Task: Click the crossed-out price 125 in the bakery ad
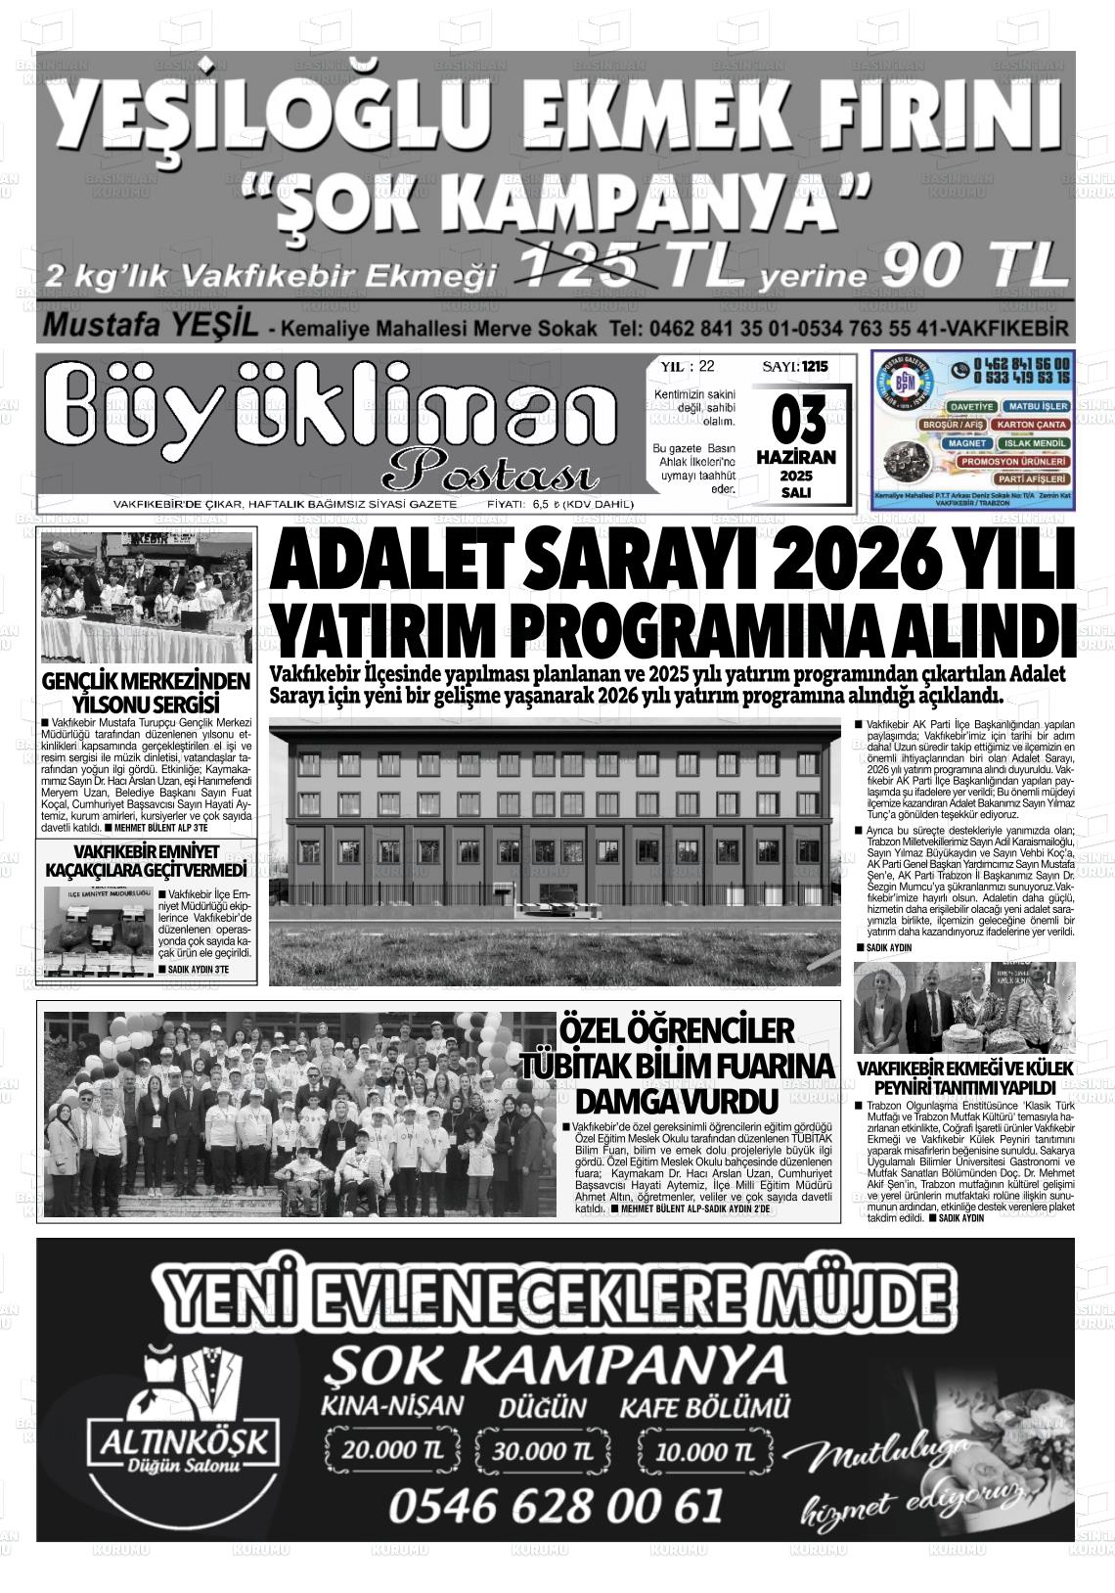(x=587, y=265)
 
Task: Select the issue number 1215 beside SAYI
(x=814, y=367)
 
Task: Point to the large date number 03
(x=794, y=422)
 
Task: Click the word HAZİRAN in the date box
(x=795, y=457)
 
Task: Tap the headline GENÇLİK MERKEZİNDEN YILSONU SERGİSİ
(x=147, y=693)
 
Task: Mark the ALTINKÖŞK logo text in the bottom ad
(x=187, y=1439)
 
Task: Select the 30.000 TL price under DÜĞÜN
(x=544, y=1451)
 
